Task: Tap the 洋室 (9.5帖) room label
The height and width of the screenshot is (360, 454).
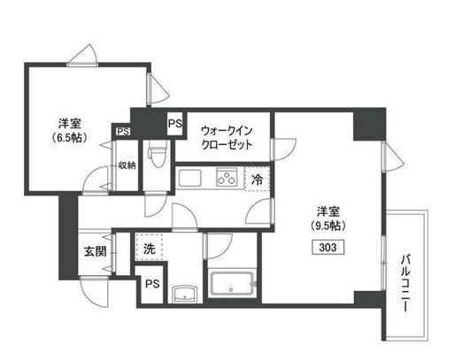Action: tap(328, 217)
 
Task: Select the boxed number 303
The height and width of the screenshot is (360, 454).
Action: tap(327, 248)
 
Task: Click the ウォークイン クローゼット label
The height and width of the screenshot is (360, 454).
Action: tap(225, 136)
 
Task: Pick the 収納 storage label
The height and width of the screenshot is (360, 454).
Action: tap(126, 165)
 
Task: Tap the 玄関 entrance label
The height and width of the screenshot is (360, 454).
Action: tap(95, 250)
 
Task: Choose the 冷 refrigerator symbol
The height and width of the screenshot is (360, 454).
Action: tap(257, 178)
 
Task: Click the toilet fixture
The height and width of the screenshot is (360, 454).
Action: tap(156, 157)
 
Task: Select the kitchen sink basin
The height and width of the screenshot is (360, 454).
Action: tap(191, 179)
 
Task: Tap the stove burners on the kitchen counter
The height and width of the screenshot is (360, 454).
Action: tap(225, 179)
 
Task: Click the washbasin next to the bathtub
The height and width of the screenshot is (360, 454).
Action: tap(184, 294)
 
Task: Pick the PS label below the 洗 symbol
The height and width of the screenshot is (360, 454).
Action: tap(152, 285)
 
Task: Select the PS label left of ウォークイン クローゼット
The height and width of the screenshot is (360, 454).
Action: tap(174, 124)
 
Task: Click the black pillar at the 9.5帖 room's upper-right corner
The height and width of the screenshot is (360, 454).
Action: tap(368, 123)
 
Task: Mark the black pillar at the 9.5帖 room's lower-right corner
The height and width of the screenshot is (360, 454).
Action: tap(368, 299)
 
